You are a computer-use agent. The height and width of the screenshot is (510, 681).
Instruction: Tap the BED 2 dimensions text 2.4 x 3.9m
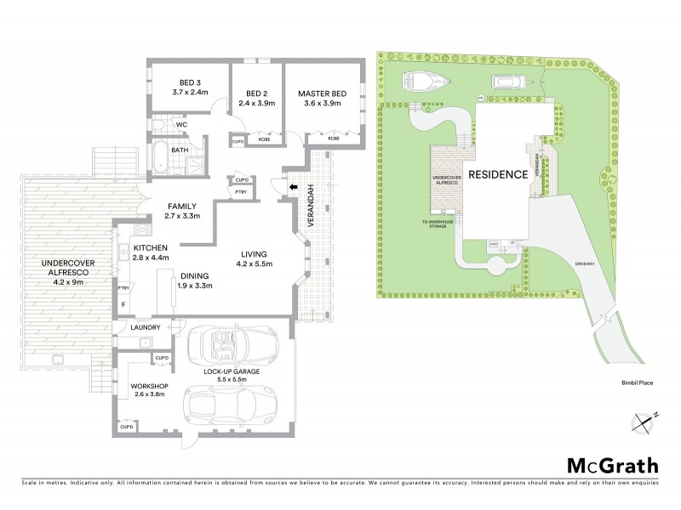256,103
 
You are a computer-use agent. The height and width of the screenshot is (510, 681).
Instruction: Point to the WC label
180,125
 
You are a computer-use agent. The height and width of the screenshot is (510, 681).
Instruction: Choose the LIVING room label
254,253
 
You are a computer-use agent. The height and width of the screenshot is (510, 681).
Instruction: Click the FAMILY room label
181,206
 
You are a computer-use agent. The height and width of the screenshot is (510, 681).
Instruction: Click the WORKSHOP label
149,385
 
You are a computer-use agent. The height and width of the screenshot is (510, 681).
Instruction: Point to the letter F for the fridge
123,304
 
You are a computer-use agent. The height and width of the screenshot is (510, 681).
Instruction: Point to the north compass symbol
647,420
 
